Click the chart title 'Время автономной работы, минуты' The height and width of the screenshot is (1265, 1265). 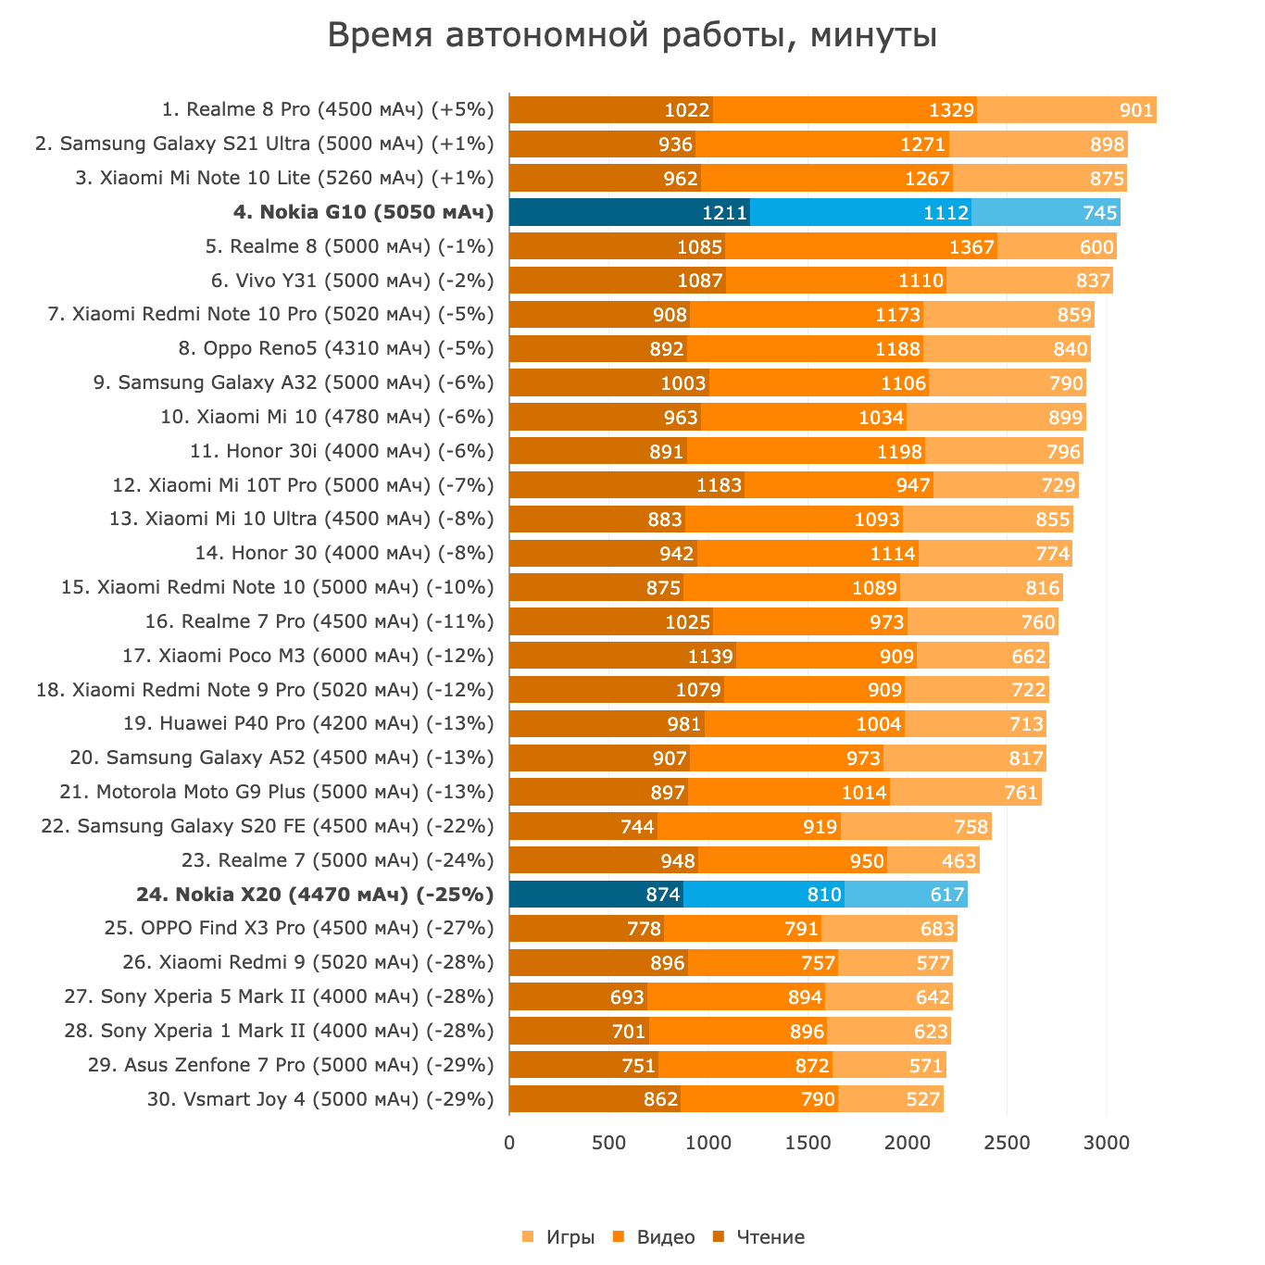(632, 36)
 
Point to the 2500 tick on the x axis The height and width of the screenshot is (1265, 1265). (1007, 1143)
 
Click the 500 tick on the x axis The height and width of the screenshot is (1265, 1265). (608, 1143)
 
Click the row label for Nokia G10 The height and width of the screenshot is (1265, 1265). (364, 212)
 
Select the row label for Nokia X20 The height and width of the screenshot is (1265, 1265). (315, 895)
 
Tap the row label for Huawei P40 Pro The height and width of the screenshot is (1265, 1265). (308, 723)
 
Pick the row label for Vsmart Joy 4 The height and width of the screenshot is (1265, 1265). (320, 1099)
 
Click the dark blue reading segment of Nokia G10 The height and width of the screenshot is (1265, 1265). (629, 212)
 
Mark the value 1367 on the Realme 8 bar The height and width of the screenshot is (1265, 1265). (971, 247)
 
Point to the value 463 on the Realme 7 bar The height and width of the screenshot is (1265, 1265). (958, 861)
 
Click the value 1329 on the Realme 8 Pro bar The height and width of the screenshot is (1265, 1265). (952, 110)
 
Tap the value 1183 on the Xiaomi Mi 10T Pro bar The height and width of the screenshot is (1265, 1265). (720, 485)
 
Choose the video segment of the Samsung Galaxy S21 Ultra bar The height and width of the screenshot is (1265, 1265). (822, 144)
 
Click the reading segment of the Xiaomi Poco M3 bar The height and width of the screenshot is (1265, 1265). (622, 656)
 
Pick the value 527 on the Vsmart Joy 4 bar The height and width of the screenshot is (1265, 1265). (922, 1100)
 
